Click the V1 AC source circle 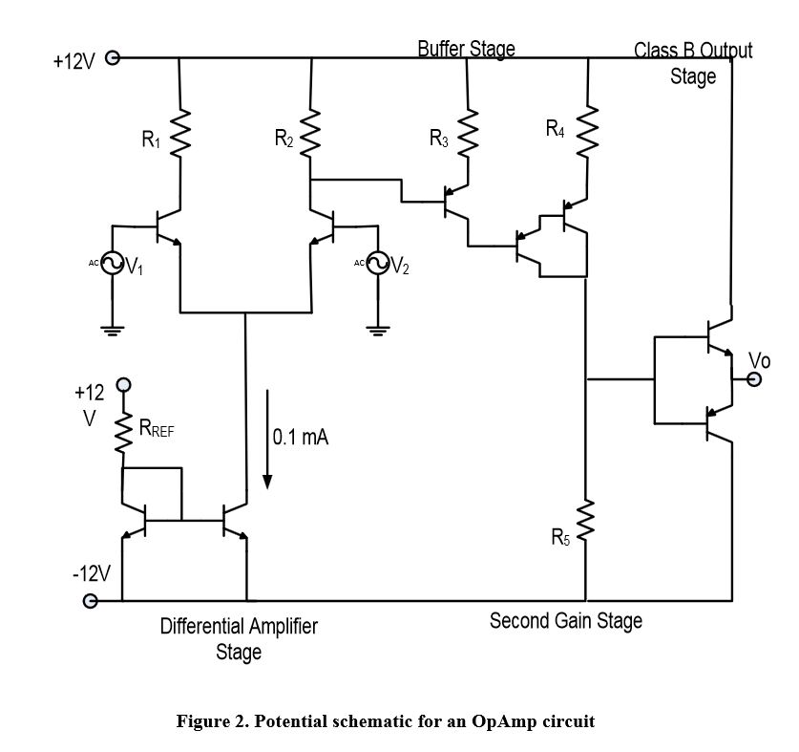coord(112,264)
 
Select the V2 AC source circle coord(378,264)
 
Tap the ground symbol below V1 coord(112,331)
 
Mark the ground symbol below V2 coord(378,331)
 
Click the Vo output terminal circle coord(755,379)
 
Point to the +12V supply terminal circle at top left coord(112,58)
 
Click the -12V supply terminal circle coord(92,601)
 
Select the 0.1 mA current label coord(301,438)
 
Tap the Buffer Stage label coord(467,49)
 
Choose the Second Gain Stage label coord(566,621)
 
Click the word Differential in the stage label coord(201,627)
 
